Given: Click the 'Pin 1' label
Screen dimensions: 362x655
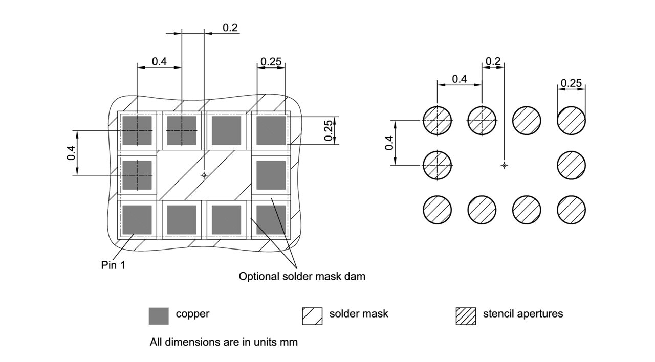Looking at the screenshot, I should tap(113, 265).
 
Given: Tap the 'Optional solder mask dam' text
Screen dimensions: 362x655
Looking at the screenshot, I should tap(302, 277).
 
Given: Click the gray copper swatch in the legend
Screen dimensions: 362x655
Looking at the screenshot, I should tap(159, 316).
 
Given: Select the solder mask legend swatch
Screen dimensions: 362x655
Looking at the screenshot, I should tap(312, 316).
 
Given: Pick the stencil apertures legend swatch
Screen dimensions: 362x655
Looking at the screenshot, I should tap(465, 316).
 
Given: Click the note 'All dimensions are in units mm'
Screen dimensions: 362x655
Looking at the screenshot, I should tap(224, 342).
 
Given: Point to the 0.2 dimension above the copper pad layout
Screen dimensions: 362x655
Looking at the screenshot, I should tap(230, 28).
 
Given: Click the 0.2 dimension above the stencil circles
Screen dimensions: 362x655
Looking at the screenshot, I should tap(493, 61).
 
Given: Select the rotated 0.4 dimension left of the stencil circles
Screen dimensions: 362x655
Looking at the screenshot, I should tap(389, 143).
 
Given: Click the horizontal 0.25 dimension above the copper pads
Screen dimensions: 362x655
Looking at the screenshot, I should tap(271, 62).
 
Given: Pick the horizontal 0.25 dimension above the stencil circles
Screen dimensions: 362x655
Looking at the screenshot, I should tap(571, 83).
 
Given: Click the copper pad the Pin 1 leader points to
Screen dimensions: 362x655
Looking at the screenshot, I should tap(137, 219).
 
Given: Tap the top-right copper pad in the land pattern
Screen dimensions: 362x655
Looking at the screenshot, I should tap(271, 130).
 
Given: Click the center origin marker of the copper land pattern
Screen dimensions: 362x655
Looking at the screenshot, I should tap(204, 175).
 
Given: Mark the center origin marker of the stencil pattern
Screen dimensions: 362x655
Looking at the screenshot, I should tap(504, 165).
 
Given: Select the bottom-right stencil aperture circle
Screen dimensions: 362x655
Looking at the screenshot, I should tap(571, 210).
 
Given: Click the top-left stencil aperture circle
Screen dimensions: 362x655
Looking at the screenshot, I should tap(438, 121).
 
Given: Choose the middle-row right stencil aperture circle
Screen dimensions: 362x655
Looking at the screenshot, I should tap(571, 165).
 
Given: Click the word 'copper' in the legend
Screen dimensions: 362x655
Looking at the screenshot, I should tap(192, 314).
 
